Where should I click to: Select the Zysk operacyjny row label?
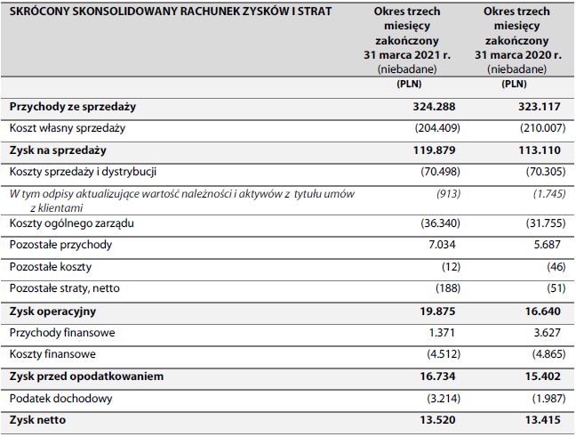[52, 312]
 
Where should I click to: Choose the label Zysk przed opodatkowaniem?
[86, 376]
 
